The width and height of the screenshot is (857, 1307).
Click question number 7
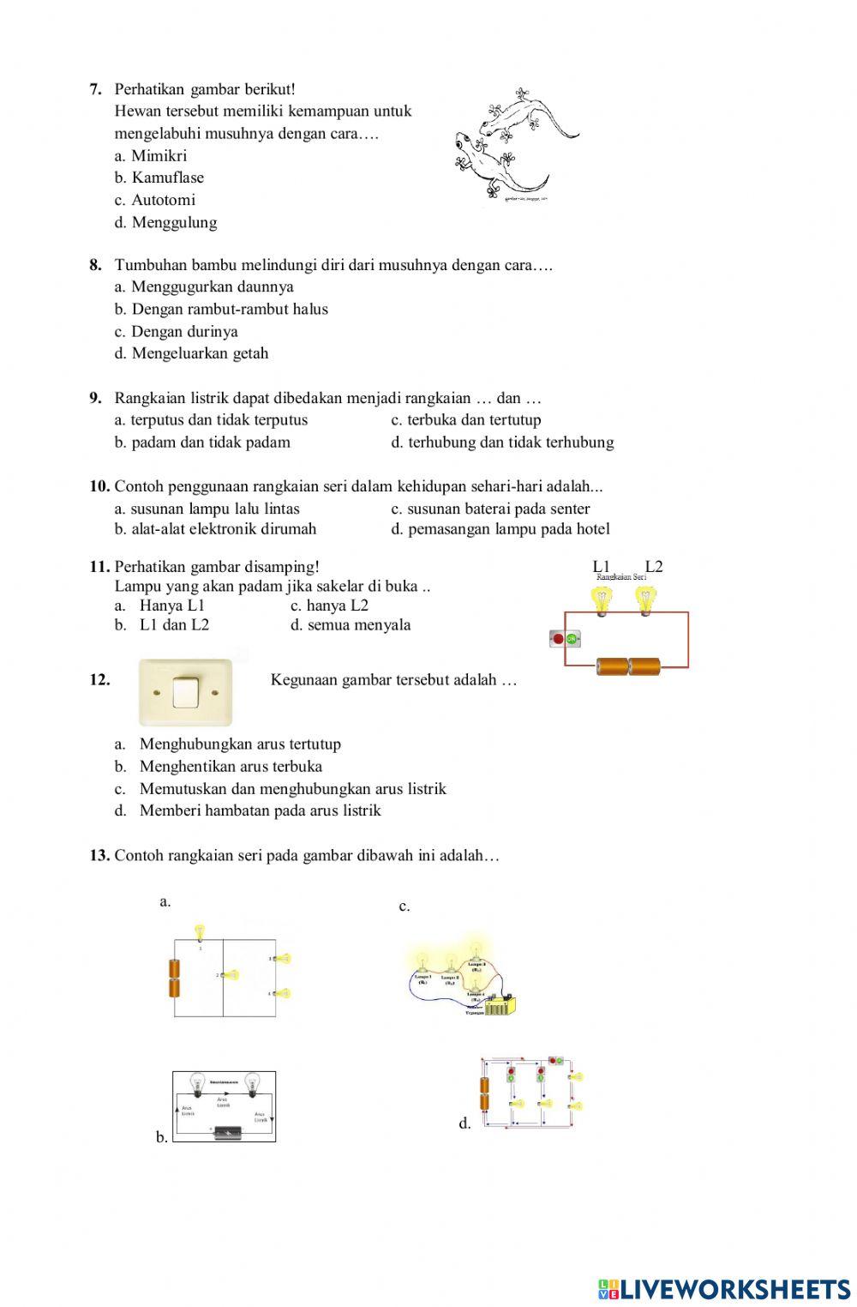(x=96, y=89)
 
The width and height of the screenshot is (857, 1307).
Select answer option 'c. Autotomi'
(x=155, y=200)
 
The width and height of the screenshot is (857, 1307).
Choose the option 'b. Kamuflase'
(x=159, y=178)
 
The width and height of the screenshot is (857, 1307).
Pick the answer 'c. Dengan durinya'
(x=177, y=331)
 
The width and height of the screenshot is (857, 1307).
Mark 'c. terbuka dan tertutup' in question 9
(x=466, y=419)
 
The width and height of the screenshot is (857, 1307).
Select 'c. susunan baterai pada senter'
(x=490, y=509)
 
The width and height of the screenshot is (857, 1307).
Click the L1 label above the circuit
(x=601, y=566)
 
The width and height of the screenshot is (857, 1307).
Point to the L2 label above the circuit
(x=654, y=566)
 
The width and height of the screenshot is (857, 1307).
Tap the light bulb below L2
(x=646, y=599)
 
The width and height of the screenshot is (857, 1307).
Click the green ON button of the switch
(x=572, y=639)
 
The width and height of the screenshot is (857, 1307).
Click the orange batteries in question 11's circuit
(x=629, y=666)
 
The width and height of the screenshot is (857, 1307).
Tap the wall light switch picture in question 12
(x=186, y=692)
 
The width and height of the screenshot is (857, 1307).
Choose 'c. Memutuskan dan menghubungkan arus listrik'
(x=292, y=788)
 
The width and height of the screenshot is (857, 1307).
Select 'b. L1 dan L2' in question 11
(x=163, y=624)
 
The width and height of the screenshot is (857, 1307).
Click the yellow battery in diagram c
(x=500, y=1004)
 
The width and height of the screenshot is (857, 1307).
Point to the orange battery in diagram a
(x=175, y=979)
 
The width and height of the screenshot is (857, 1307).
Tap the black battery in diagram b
(x=227, y=1132)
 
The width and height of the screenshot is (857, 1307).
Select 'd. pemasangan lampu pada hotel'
(x=500, y=529)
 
